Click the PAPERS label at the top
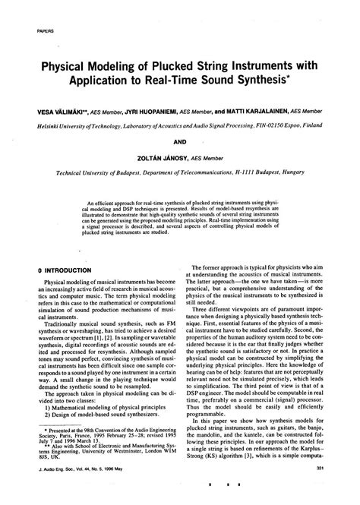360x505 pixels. (44, 30)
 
